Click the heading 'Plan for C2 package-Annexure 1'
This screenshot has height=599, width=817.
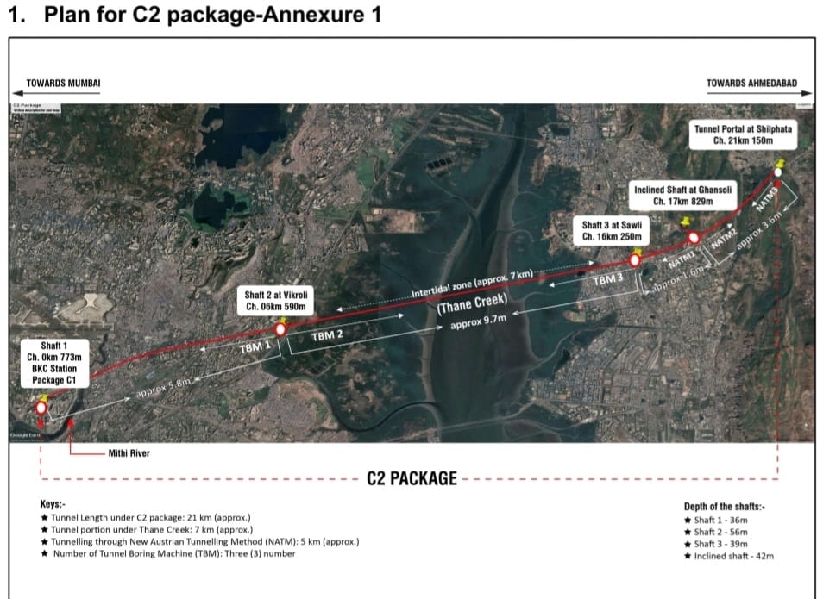point(211,16)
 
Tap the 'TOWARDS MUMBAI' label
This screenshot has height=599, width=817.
point(64,84)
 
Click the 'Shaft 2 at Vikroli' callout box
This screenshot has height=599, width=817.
point(278,300)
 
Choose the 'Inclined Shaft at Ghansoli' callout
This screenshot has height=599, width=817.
point(682,195)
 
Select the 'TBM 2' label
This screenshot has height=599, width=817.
point(328,334)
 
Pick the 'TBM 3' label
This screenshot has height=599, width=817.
point(607,279)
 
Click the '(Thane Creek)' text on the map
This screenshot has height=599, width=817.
point(471,303)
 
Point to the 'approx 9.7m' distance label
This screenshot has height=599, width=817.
point(478,320)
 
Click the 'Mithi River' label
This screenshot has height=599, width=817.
point(129,452)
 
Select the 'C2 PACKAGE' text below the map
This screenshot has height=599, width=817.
point(412,478)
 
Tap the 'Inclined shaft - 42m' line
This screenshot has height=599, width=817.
point(733,556)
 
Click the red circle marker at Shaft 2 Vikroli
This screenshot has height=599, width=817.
point(280,329)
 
